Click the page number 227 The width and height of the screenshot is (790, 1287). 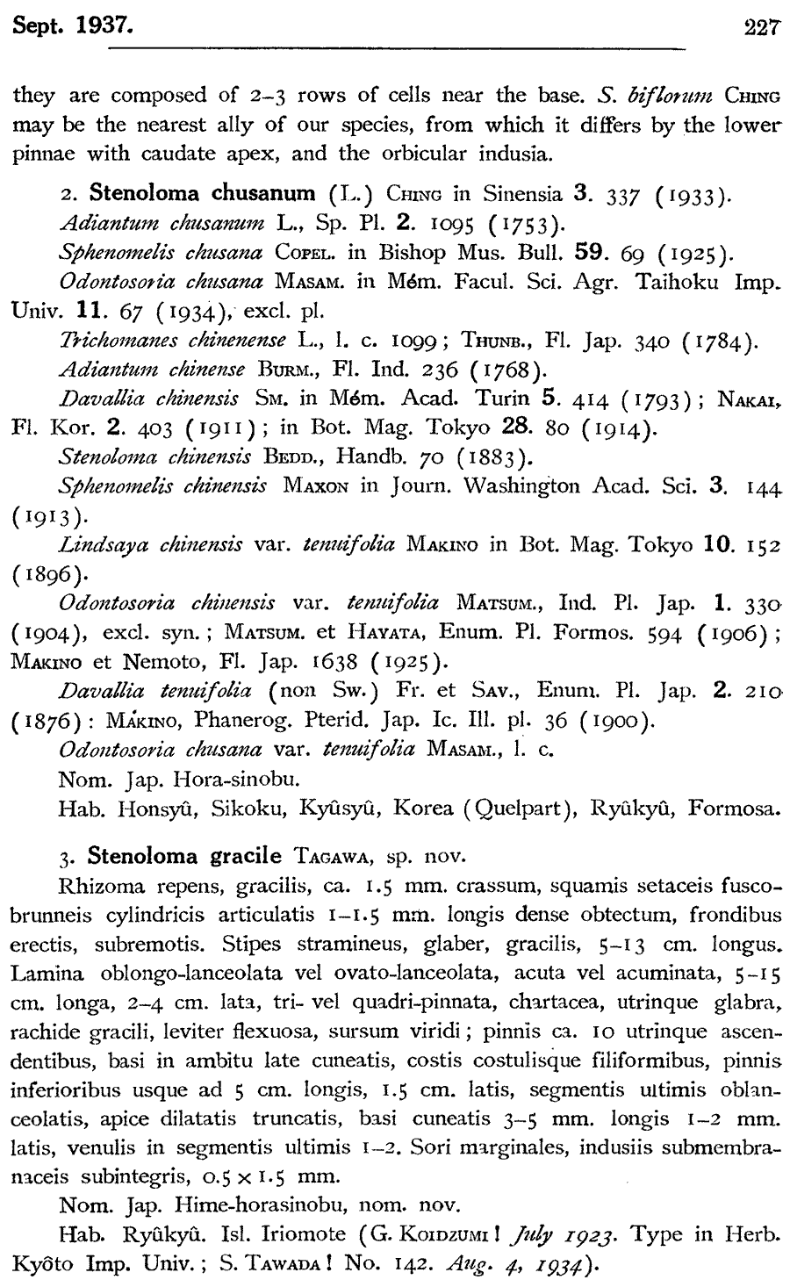click(761, 27)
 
